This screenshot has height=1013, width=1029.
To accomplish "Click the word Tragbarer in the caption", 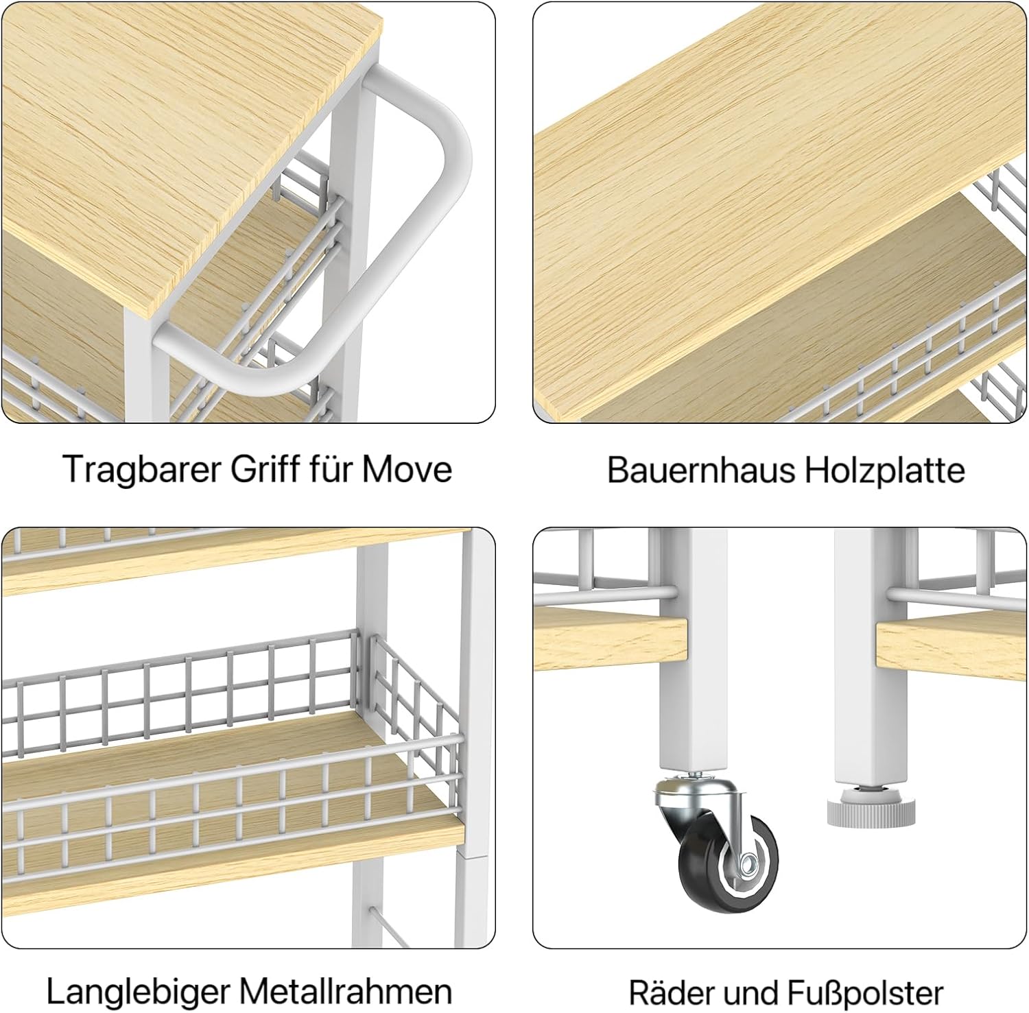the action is (x=142, y=470).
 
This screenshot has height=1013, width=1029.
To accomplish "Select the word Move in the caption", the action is (x=407, y=470).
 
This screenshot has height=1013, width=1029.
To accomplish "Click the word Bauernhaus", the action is (x=700, y=470).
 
